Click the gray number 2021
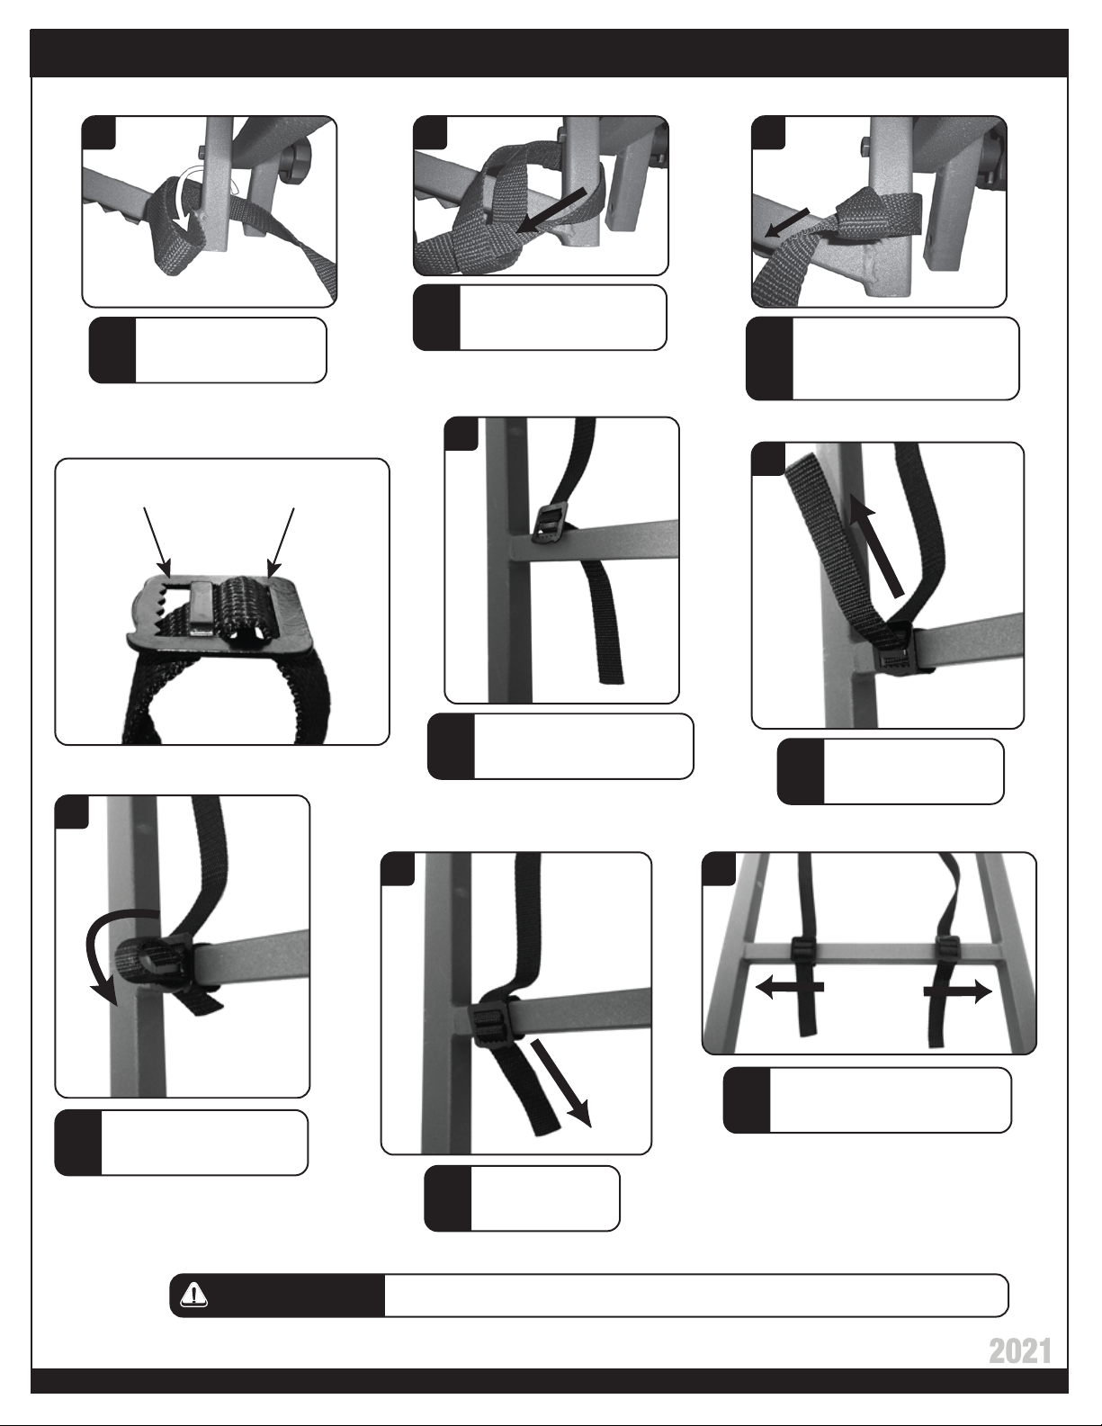tap(1020, 1352)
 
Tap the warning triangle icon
tap(193, 1294)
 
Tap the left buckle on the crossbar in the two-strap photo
tap(802, 947)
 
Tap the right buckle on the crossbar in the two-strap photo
tap(948, 947)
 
